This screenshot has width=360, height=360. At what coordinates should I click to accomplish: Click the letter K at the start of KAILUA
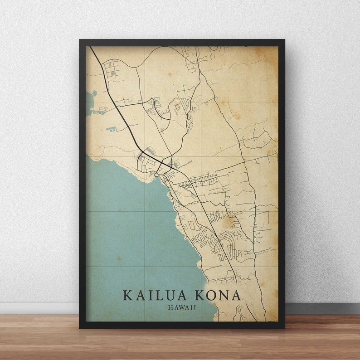pos(127,296)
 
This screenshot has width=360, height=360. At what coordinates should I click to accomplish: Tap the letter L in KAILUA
pos(158,296)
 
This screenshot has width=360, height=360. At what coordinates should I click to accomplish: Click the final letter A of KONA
pos(236,296)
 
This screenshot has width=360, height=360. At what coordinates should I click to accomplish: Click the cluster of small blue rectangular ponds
pos(111,129)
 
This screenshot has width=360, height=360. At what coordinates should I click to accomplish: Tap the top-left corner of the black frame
pos(80,41)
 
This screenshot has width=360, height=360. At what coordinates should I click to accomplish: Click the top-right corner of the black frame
pos(284,41)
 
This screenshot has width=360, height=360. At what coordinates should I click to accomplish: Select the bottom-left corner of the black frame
pos(80,327)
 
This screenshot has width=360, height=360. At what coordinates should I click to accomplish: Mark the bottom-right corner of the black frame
pos(284,327)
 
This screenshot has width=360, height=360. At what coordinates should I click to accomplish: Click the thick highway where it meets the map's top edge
pos(91,47)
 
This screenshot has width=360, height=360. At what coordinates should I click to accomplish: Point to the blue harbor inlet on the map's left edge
pos(89,102)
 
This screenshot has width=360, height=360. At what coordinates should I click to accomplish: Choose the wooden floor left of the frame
pos(39,338)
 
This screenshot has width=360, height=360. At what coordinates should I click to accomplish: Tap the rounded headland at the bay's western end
pos(95,159)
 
